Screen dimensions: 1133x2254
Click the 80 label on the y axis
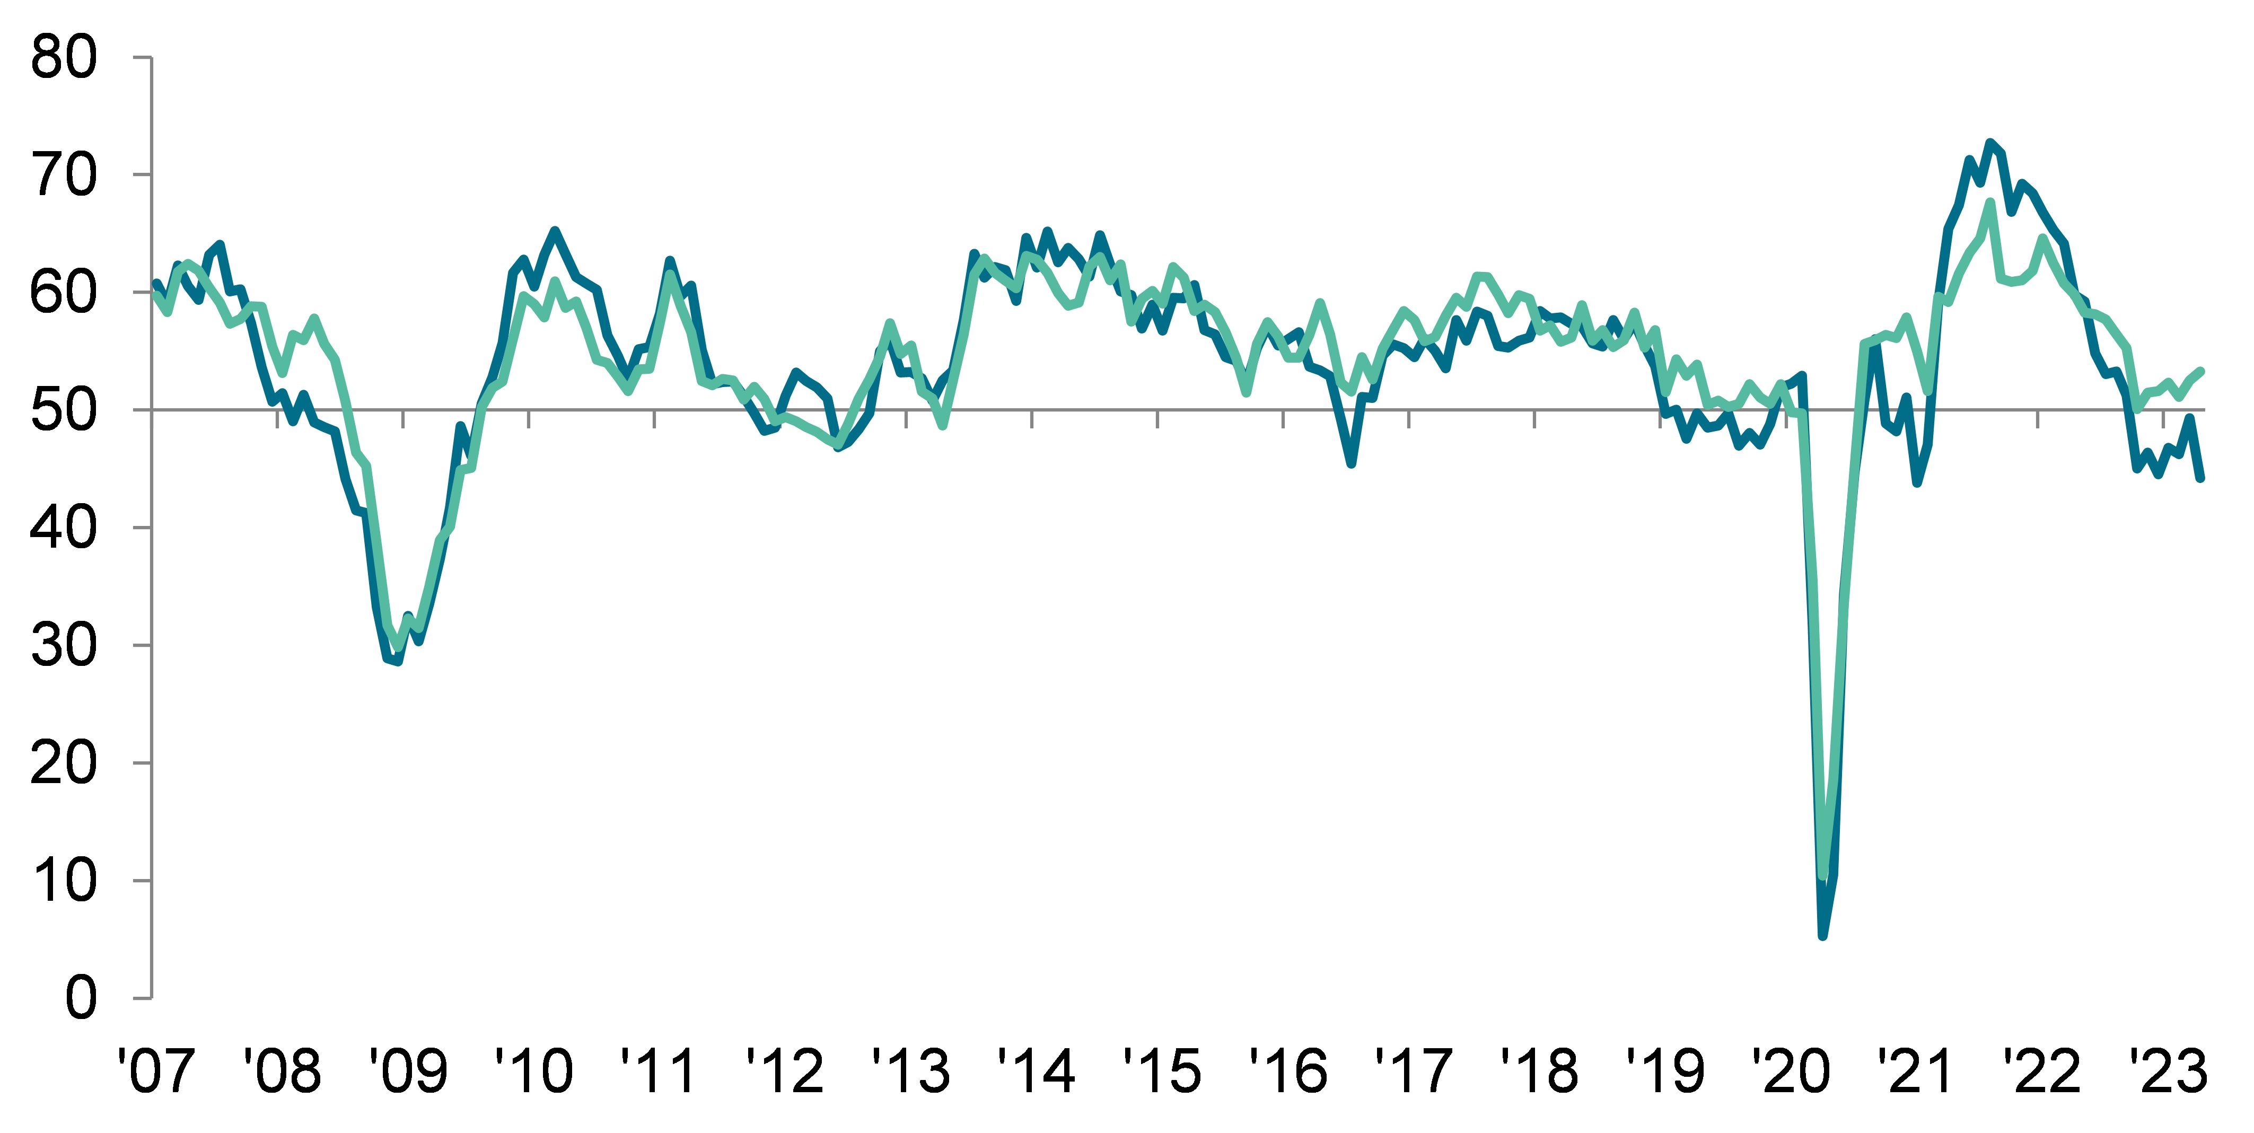coord(63,59)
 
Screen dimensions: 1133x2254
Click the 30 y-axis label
coord(63,646)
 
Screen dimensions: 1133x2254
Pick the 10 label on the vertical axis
coord(63,880)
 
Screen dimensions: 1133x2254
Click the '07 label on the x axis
coord(157,1071)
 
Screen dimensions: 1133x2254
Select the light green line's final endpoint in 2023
coord(2200,371)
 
